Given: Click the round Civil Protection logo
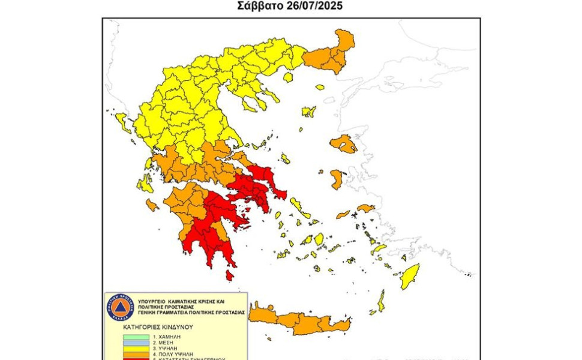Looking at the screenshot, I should pos(119,307).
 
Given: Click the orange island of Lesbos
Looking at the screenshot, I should pos(343,144).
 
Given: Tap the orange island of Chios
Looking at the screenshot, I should pos(338,178).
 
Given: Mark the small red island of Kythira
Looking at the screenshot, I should pos(229,275).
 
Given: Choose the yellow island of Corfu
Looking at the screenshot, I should pos(124,122).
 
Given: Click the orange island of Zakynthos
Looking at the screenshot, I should pos(152,205).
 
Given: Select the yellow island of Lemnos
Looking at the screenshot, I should pos(309,112).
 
